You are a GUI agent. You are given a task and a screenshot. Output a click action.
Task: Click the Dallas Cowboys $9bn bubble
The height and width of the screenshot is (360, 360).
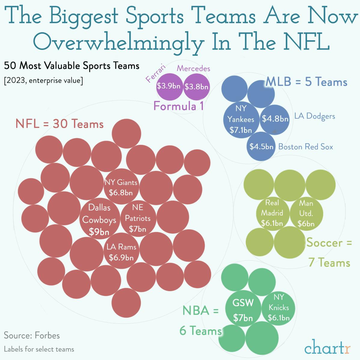(99, 219)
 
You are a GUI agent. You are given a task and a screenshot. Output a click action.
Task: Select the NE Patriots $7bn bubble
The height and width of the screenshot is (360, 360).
(138, 218)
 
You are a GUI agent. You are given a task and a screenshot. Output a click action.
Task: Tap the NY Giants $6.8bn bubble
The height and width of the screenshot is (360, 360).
(121, 187)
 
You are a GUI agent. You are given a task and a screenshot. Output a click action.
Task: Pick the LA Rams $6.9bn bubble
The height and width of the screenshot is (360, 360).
(121, 252)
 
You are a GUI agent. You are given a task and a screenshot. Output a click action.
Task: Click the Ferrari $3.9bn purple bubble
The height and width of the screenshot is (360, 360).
(169, 86)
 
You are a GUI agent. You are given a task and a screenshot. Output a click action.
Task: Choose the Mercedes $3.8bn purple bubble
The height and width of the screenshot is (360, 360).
(197, 87)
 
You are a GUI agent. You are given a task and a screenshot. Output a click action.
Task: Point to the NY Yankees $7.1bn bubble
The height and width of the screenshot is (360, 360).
(241, 119)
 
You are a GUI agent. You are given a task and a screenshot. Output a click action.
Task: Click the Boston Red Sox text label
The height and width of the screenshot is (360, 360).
(306, 147)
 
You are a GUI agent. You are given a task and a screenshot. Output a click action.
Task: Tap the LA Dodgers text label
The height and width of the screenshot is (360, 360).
(314, 116)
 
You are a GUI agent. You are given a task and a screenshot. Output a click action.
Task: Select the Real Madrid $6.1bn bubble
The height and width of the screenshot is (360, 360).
(272, 213)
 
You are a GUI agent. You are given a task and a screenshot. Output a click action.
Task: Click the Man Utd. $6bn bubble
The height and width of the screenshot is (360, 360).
(306, 214)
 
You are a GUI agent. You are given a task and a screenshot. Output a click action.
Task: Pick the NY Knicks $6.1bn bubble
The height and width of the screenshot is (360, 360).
(279, 308)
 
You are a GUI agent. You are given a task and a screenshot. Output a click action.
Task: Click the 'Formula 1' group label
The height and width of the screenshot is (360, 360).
(178, 106)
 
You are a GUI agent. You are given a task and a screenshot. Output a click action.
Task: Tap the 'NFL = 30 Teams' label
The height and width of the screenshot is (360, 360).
(59, 124)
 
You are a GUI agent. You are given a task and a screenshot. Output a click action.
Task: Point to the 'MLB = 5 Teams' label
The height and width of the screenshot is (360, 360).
(307, 82)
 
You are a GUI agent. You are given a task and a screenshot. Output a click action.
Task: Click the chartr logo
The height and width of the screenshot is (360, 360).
(327, 348)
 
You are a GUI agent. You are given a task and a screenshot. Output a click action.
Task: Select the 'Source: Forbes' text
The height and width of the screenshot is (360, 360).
(32, 335)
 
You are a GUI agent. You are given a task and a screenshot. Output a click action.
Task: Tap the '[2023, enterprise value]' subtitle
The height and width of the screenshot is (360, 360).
(43, 81)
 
